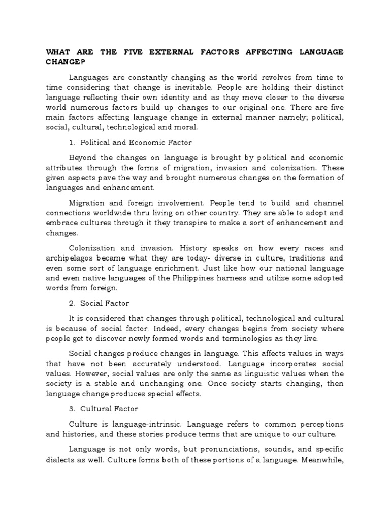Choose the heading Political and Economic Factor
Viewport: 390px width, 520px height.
(136, 143)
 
